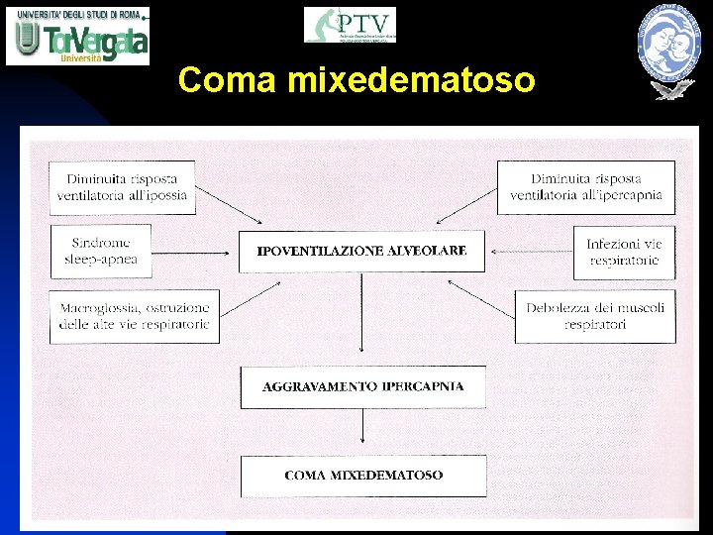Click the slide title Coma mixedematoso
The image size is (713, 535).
(x=356, y=79)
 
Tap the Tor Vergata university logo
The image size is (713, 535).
(x=78, y=36)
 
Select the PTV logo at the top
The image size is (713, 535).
(x=350, y=25)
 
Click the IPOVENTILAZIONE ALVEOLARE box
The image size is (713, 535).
(x=361, y=252)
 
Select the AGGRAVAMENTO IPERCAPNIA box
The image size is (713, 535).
(x=363, y=386)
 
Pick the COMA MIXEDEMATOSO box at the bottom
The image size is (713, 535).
(x=363, y=476)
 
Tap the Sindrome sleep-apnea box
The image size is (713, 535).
(x=101, y=251)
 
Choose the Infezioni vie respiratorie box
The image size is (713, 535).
(x=624, y=252)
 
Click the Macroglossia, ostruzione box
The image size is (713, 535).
(x=135, y=316)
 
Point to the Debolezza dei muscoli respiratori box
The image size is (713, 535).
(x=595, y=316)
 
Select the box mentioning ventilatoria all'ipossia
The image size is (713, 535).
(x=122, y=187)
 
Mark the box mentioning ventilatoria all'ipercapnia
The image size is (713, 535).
(x=586, y=187)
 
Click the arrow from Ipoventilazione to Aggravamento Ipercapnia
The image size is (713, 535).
(x=362, y=317)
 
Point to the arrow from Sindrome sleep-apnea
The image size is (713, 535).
(x=195, y=252)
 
